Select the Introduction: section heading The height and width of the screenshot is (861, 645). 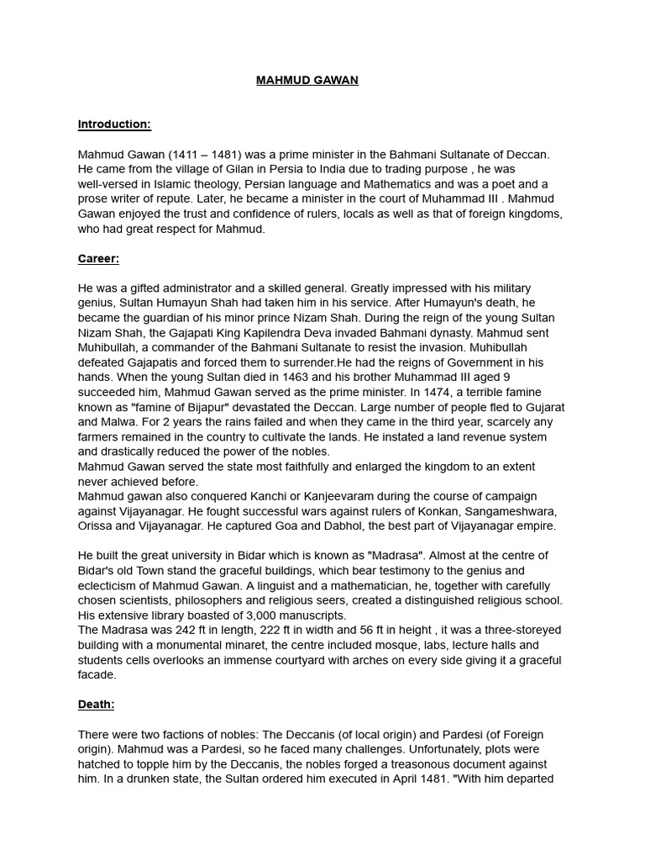click(114, 124)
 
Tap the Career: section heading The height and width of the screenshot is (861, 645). click(98, 259)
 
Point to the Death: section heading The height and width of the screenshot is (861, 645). click(96, 705)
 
